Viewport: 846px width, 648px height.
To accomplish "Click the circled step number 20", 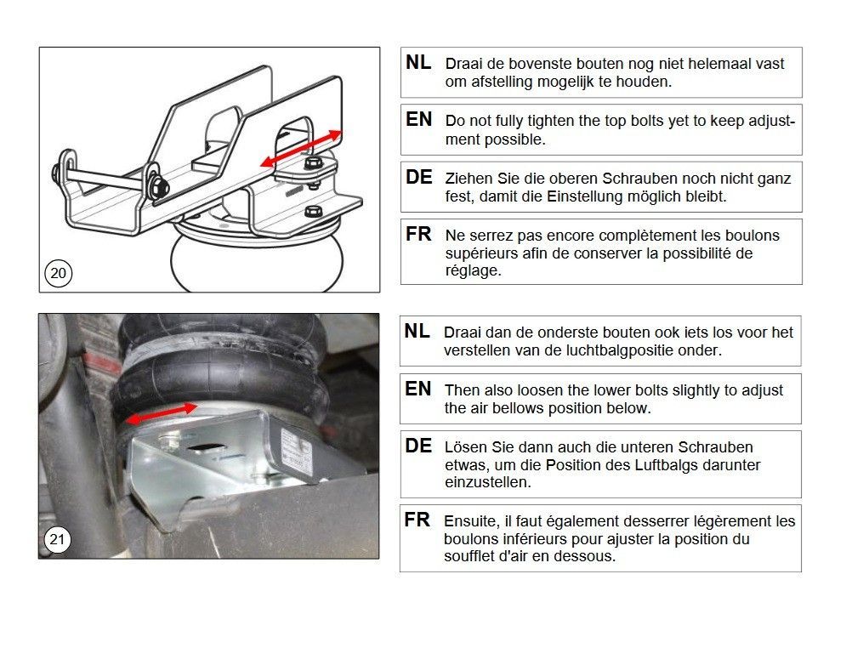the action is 59,274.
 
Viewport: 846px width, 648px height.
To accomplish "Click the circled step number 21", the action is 57,539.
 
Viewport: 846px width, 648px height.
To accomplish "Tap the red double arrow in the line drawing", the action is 301,148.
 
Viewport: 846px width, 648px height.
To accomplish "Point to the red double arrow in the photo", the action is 162,412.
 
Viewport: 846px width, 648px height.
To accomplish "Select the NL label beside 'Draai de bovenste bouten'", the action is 418,63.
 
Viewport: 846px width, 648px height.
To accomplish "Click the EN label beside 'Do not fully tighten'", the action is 418,120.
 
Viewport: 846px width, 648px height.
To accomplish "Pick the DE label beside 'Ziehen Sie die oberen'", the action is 418,177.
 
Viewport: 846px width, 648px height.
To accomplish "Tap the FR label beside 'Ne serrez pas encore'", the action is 418,234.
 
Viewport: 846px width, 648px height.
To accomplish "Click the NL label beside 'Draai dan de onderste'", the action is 417,332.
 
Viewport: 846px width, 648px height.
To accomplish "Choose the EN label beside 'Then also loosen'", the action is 418,389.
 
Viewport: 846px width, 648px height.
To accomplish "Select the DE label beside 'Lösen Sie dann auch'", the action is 418,446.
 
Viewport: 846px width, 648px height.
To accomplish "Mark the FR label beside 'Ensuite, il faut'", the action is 417,520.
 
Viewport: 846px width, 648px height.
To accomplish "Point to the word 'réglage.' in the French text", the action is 474,271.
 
